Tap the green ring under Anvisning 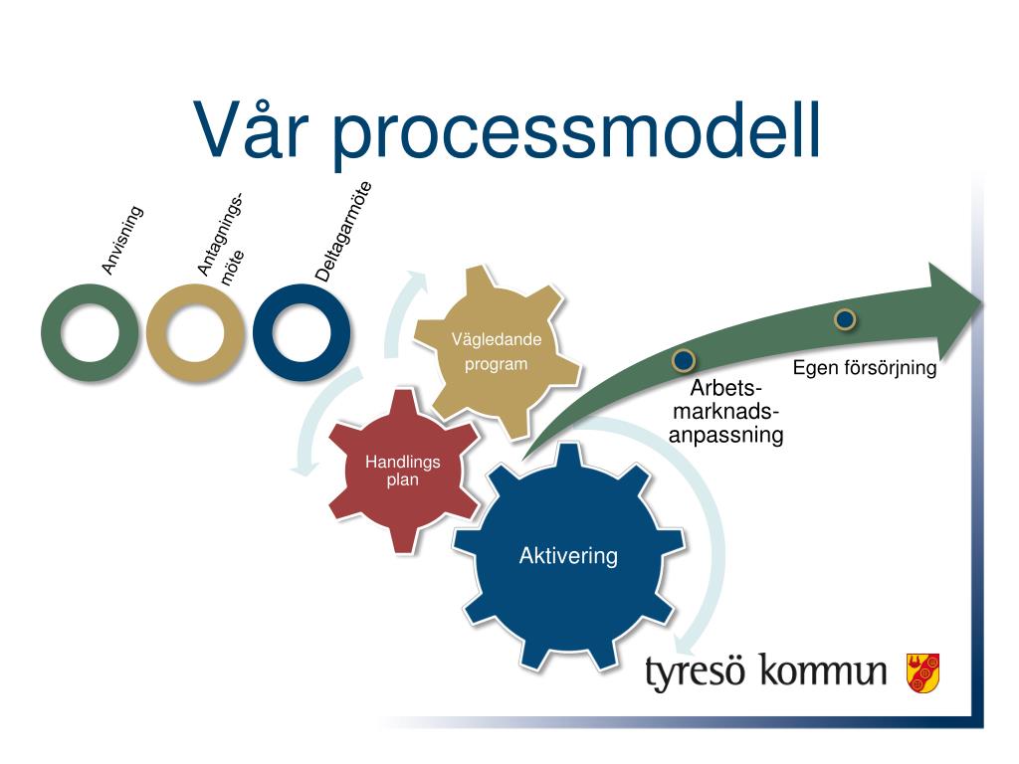pyautogui.click(x=89, y=332)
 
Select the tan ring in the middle pyautogui.click(x=195, y=332)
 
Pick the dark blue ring pyautogui.click(x=302, y=332)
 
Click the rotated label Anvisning pyautogui.click(x=123, y=240)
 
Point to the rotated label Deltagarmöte pyautogui.click(x=344, y=232)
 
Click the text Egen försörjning pyautogui.click(x=865, y=369)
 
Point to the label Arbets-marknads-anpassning pyautogui.click(x=725, y=412)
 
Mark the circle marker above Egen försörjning pyautogui.click(x=845, y=318)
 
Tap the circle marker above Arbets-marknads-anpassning pyautogui.click(x=684, y=359)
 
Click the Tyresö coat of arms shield pyautogui.click(x=922, y=672)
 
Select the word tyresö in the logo pyautogui.click(x=697, y=672)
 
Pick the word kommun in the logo pyautogui.click(x=823, y=672)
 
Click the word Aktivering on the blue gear pyautogui.click(x=568, y=556)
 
